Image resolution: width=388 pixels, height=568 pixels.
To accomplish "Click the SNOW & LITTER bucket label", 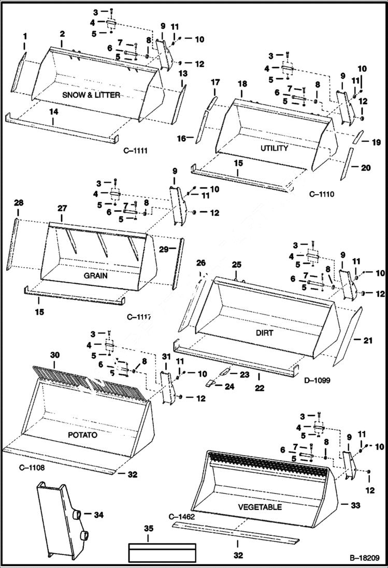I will tap(91, 95).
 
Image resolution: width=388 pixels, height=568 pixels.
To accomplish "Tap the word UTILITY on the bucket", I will tap(275, 148).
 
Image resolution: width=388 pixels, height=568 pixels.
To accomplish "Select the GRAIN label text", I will tap(96, 275).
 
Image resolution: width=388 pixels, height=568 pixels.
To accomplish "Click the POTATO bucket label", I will tap(82, 435).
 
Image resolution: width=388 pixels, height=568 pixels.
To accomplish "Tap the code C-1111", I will tap(136, 151).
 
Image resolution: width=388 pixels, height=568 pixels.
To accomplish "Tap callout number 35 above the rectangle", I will tap(149, 529).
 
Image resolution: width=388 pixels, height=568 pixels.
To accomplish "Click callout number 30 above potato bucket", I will tap(55, 355).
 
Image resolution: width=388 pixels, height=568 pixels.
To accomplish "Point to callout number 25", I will tap(237, 265).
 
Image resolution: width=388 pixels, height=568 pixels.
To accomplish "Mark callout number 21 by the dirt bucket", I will tap(368, 340).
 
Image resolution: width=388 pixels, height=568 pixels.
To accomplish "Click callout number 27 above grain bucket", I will tap(62, 208).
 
